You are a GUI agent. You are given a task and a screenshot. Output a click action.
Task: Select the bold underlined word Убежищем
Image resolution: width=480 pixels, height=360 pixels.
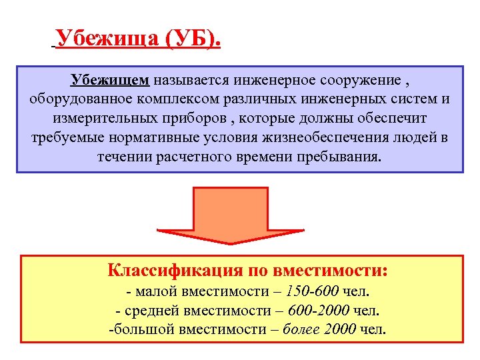click(109, 81)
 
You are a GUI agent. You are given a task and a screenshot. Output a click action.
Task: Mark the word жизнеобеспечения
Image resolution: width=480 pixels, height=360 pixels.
click(317, 139)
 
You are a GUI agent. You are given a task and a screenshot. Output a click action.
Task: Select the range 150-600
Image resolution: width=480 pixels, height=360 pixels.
click(313, 292)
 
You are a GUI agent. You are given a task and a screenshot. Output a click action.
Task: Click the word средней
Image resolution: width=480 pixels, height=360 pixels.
click(145, 311)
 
